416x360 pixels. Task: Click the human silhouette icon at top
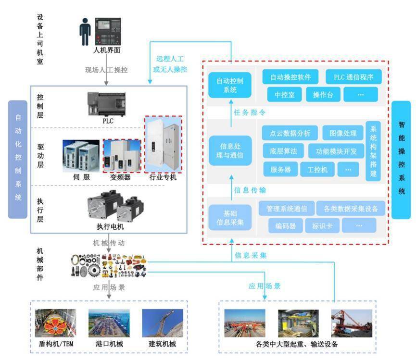pos(85,32)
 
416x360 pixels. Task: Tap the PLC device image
pos(107,104)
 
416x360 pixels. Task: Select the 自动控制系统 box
pos(230,85)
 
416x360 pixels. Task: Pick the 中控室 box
pos(281,94)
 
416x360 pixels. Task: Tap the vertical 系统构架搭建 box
pos(373,150)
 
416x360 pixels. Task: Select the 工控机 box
pos(317,169)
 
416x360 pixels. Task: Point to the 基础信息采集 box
pos(230,217)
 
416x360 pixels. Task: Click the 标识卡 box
pos(326,225)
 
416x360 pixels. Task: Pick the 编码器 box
pos(283,225)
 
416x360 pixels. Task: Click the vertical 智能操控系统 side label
pos(401,160)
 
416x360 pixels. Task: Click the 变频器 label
pos(120,177)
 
